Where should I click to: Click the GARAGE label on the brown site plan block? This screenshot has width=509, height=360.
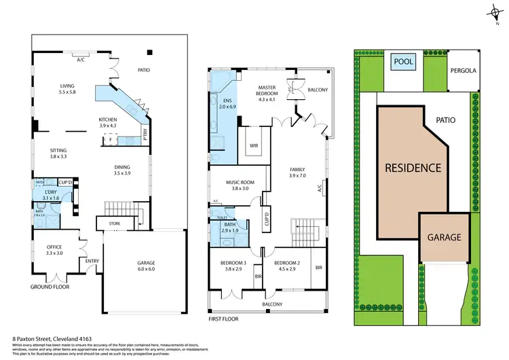click(444, 238)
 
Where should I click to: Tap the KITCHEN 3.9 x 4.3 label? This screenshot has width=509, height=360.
click(108, 122)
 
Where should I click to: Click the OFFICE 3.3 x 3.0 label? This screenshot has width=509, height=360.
click(55, 249)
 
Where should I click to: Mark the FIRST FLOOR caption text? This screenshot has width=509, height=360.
click(225, 317)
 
